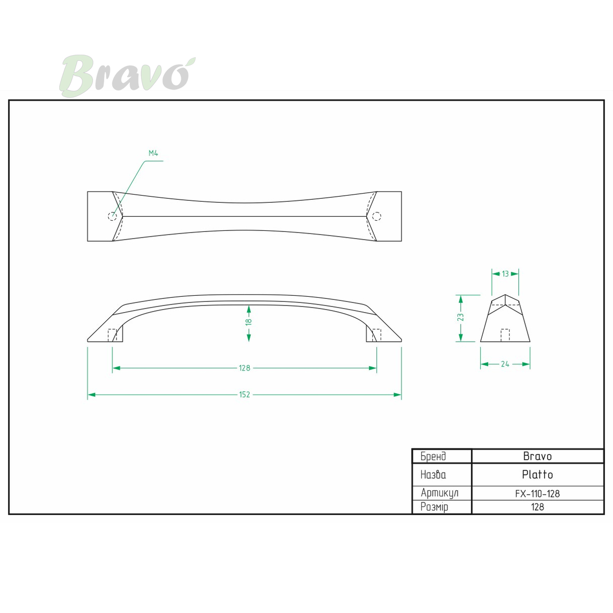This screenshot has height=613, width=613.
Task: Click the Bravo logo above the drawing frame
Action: [127, 76]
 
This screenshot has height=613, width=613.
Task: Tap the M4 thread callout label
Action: [153, 153]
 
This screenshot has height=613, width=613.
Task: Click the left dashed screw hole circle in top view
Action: [112, 216]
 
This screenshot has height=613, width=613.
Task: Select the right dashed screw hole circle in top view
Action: [376, 216]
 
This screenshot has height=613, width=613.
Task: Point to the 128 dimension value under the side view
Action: [244, 368]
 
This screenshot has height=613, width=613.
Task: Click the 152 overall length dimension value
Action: [244, 395]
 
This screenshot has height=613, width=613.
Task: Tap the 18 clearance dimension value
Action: [249, 321]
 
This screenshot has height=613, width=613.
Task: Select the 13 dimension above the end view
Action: [506, 274]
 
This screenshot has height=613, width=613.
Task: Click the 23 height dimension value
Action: [461, 317]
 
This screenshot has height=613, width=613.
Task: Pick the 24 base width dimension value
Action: [505, 364]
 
